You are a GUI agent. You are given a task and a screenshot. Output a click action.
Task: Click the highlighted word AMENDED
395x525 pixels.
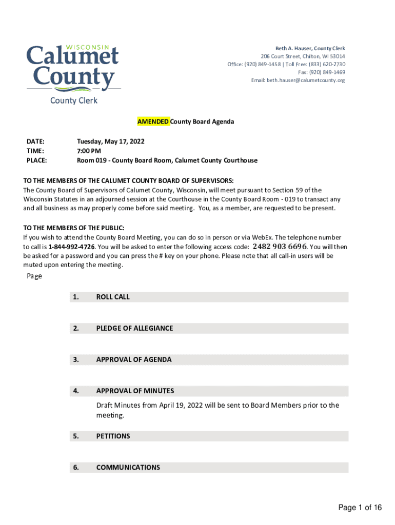click(153, 122)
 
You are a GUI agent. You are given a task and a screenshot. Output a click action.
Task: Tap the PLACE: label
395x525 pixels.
click(36, 160)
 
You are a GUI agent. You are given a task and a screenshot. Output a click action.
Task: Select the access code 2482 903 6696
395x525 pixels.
click(280, 247)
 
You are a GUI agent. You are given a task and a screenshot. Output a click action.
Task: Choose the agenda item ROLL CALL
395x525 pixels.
click(113, 297)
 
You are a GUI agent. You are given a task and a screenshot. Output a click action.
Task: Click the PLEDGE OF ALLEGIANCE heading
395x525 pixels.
click(134, 328)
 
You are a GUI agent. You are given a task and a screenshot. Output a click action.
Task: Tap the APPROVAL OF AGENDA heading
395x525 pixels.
click(134, 359)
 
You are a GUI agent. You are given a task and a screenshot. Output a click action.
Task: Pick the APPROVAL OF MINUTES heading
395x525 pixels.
click(135, 391)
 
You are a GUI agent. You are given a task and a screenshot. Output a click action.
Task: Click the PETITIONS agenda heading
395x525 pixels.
click(113, 436)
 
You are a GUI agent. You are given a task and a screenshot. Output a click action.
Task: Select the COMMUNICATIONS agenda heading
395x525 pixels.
click(128, 468)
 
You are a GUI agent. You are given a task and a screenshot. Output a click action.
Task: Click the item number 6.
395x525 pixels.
click(75, 468)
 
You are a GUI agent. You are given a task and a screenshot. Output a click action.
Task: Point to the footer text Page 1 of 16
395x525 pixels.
click(360, 508)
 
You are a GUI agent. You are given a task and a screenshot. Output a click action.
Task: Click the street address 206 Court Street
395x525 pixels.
click(280, 56)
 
